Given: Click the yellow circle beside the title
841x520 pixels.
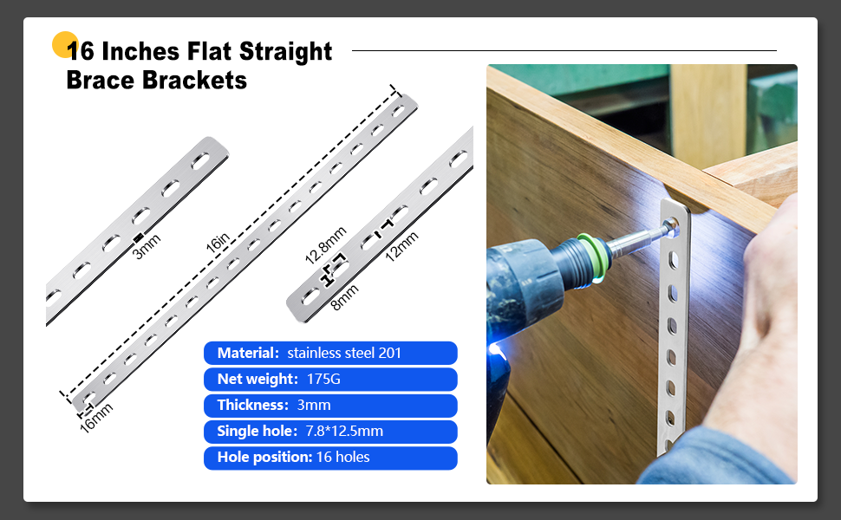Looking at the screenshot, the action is coord(64,44).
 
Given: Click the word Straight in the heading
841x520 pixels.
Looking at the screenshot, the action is coord(285,52).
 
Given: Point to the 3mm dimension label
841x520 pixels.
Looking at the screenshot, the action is coord(147,247).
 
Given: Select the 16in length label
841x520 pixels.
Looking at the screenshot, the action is coord(218,243).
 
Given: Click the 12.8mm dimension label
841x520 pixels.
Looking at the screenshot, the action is coord(326,245).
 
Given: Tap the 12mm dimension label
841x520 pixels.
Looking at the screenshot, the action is coord(401,247).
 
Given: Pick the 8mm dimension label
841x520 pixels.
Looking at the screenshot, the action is coord(344,297).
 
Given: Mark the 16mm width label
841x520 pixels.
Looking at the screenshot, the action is coord(96,418).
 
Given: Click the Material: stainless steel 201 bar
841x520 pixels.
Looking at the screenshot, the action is coord(330,354).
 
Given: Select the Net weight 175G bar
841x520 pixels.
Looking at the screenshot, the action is coord(330,379).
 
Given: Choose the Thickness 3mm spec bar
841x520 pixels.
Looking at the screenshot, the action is coord(330,406).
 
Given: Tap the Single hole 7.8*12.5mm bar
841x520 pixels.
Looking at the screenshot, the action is coord(330,432).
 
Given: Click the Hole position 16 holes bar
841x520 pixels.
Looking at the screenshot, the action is coord(330,458).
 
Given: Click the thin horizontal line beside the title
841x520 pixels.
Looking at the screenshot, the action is coord(564,50).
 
